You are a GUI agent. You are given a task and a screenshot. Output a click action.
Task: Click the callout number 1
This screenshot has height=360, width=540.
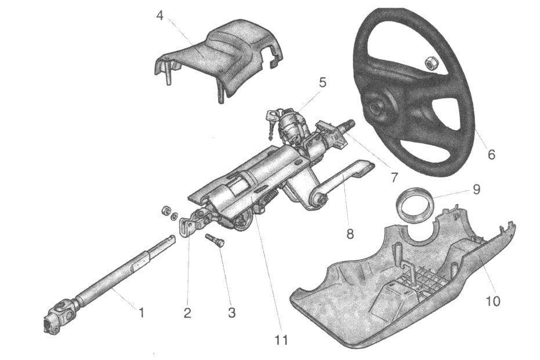pos(140,312)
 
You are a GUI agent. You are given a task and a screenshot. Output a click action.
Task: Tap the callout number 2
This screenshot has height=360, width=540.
pos(187,313)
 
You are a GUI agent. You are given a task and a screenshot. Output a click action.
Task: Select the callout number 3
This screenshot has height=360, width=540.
pos(231,313)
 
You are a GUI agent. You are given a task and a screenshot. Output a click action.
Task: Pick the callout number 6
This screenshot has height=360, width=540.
pos(491,155)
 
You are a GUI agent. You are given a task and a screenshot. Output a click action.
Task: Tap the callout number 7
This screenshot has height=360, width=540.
pos(394,176)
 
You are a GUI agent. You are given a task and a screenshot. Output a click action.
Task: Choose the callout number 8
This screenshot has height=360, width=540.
pos(349,235)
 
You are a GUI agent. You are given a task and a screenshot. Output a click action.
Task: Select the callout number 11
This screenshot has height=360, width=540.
pos(281,340)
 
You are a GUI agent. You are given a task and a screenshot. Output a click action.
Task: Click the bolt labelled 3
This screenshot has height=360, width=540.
pos(215,239)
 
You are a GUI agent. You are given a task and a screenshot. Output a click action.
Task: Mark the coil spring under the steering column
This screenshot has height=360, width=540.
pos(266,202)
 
